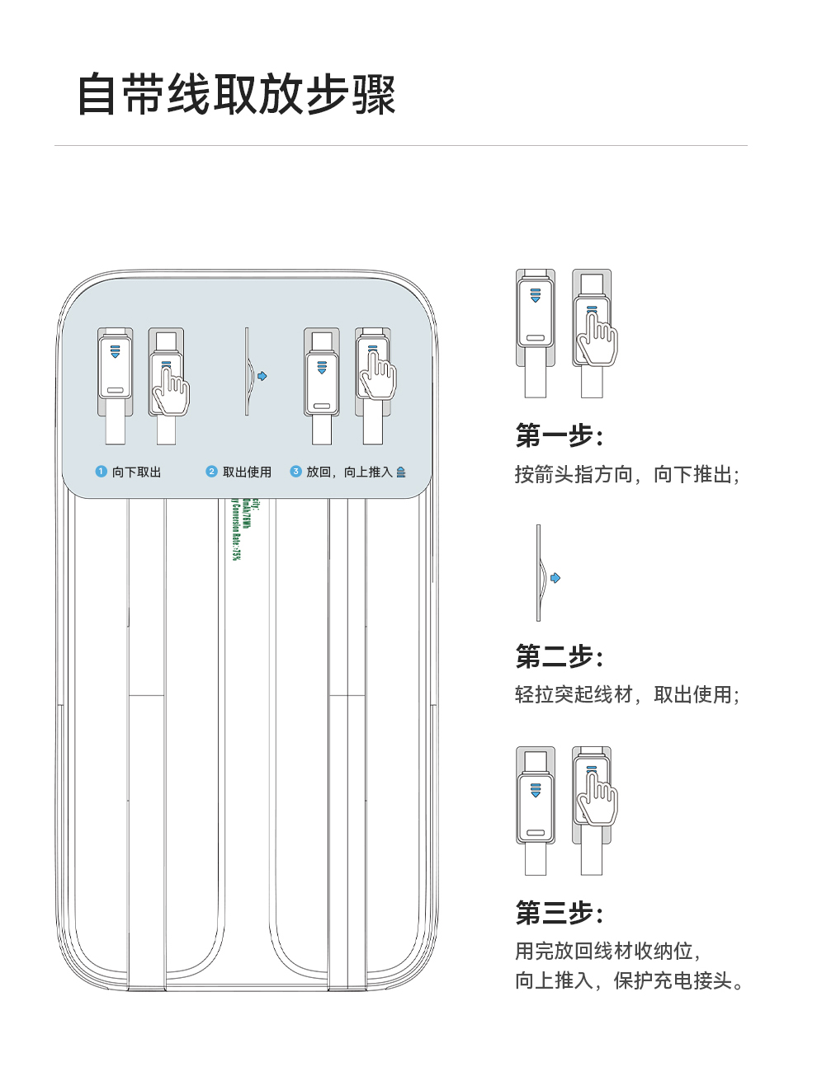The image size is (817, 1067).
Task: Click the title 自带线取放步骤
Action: [237, 95]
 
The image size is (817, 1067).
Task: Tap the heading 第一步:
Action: [560, 435]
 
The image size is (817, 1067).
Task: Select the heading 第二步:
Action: [560, 656]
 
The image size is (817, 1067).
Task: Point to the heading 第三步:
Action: [560, 912]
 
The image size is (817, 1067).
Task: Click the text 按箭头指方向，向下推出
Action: [626, 474]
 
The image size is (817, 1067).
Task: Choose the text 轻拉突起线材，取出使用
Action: [626, 694]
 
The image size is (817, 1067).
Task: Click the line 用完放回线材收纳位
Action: [607, 951]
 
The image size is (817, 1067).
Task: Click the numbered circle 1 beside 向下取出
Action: [102, 472]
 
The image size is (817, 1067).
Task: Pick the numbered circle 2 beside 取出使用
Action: [212, 472]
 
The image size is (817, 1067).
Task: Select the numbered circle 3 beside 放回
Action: [295, 472]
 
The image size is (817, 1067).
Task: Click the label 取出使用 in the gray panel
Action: [247, 472]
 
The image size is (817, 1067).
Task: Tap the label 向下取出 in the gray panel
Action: [137, 472]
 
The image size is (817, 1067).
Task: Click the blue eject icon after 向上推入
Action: [401, 472]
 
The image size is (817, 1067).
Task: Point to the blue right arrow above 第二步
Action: [555, 578]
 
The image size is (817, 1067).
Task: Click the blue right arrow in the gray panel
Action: [262, 376]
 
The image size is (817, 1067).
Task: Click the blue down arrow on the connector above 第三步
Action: [536, 792]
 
